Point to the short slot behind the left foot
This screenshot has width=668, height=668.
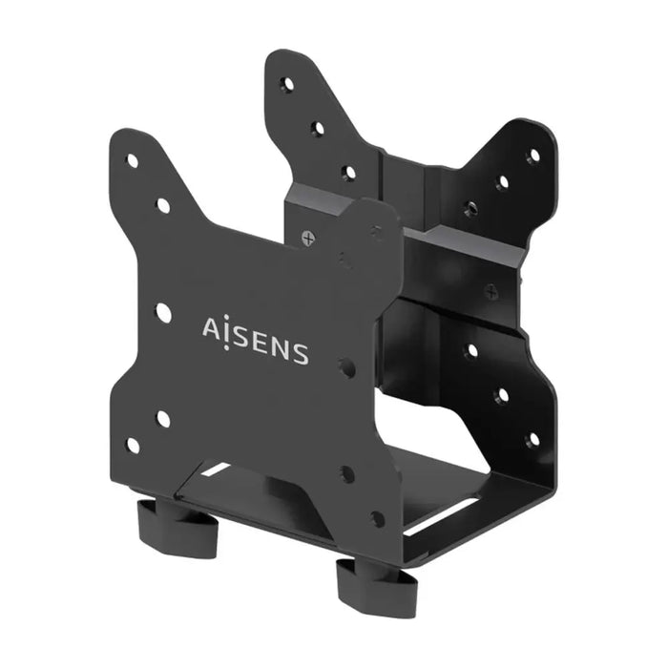216,469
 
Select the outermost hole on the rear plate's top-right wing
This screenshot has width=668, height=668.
532,156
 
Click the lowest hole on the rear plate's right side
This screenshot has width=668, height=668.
532,437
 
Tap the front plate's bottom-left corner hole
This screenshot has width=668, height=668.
133,445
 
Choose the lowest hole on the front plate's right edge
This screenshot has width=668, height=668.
378,518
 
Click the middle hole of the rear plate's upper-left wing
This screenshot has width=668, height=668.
318,127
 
